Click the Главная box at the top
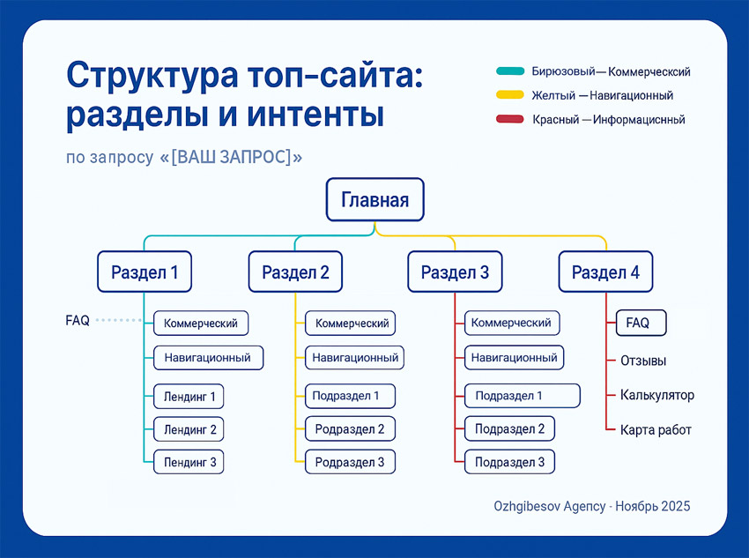pos(374,200)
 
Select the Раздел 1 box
pos(145,272)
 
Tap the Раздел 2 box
pos(295,272)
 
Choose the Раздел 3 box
pos(455,272)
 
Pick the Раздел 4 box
pos(605,272)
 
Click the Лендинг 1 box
pos(189,397)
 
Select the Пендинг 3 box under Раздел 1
pos(189,461)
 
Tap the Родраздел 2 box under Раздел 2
pos(350,429)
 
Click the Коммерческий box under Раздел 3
pos(511,323)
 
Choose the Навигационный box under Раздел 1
pos(208,358)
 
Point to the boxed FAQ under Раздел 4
pos(641,324)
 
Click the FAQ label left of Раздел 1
pos(78,321)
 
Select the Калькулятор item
pos(656,395)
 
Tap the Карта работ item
pos(656,430)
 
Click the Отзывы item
pos(642,361)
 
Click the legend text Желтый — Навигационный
pos(602,95)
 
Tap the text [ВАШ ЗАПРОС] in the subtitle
pos(231,158)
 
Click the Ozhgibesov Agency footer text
pos(550,507)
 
